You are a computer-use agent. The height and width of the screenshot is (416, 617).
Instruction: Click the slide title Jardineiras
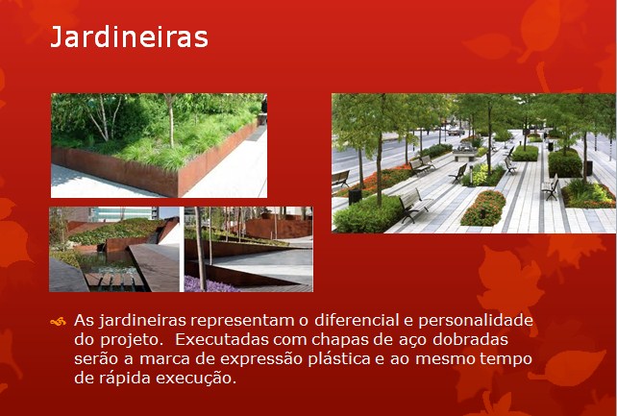[129, 37]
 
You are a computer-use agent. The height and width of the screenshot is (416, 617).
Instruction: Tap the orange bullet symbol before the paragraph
[58, 322]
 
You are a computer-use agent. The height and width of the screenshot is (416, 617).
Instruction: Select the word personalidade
[476, 321]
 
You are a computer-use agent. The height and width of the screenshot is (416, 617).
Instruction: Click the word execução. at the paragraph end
[196, 379]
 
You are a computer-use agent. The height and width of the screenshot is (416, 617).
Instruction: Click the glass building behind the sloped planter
[123, 214]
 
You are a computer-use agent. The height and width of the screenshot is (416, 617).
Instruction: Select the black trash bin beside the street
[355, 197]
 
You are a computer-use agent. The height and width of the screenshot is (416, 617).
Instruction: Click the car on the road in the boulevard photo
[457, 132]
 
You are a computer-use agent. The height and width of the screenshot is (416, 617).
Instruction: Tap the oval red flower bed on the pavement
[483, 208]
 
